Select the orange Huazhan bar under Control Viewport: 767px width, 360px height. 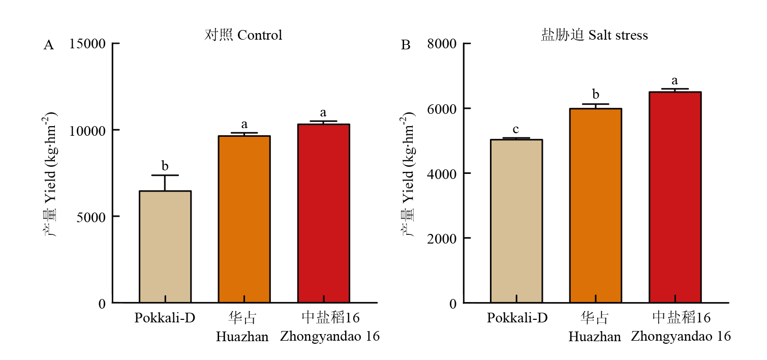(244, 219)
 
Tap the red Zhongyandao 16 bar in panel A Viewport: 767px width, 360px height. (324, 214)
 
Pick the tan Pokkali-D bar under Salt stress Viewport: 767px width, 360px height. (516, 221)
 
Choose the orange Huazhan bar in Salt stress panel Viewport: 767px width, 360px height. (596, 206)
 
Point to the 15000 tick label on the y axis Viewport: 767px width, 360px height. (88, 44)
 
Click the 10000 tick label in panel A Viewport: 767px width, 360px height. (88, 131)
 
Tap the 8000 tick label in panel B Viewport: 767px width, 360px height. (442, 44)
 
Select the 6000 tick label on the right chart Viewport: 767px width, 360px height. (442, 109)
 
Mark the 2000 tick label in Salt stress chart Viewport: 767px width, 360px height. (442, 238)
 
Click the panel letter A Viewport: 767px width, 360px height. (49, 45)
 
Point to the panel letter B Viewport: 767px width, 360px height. (406, 45)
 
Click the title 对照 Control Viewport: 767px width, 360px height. (243, 35)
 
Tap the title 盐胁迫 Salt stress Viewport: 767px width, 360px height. (594, 35)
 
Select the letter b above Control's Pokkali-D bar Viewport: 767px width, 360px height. (165, 166)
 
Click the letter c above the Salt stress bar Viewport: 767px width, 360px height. (516, 129)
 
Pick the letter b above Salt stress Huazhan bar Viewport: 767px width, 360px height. (596, 95)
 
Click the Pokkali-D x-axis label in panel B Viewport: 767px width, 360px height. (517, 318)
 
